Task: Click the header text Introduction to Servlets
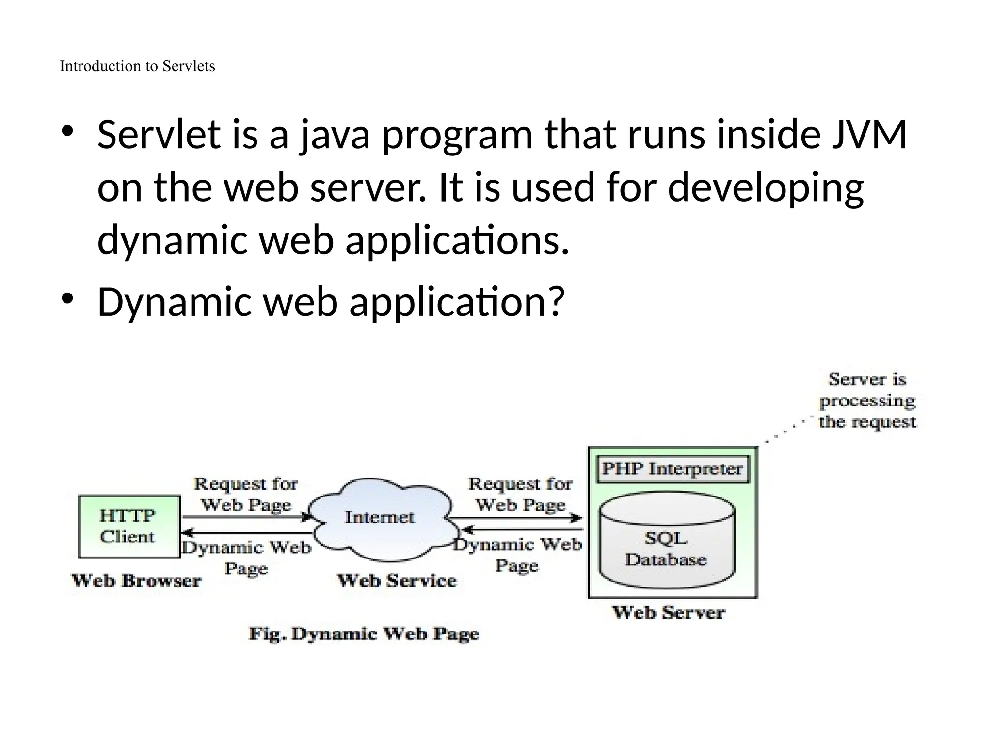click(x=137, y=66)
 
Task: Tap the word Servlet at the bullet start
click(x=159, y=135)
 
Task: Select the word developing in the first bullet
click(x=766, y=188)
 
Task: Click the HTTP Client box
click(x=129, y=526)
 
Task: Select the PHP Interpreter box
click(x=673, y=469)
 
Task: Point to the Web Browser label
click(x=136, y=581)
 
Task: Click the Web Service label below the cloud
click(x=397, y=581)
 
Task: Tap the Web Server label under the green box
click(x=669, y=613)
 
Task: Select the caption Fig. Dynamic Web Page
click(x=364, y=634)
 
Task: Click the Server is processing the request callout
click(x=867, y=401)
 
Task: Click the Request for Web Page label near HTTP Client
click(x=246, y=495)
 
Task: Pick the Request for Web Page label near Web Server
click(x=520, y=495)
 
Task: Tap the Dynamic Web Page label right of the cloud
click(x=518, y=555)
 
